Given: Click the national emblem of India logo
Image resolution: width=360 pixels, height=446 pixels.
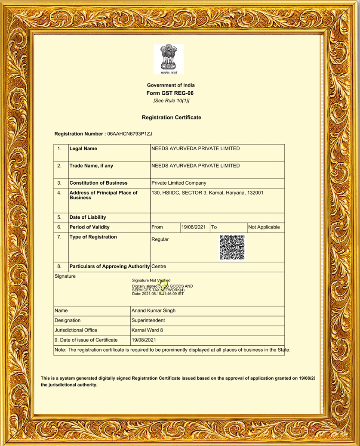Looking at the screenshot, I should coord(168,59).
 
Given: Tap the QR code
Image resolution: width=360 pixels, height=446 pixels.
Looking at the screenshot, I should coord(232,247).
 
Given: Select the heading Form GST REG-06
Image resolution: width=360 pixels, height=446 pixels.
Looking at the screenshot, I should coord(171,93).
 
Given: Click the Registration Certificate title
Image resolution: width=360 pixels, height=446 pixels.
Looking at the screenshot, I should coord(171,118).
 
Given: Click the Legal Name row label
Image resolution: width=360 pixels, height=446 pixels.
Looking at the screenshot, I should coord(83,149).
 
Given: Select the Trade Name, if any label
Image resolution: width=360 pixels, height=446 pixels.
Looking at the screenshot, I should coord(91,166).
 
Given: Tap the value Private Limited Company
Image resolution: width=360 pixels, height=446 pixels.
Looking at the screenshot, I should coord(178,183).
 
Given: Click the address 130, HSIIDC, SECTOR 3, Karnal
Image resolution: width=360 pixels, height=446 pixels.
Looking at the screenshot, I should coord(207,193).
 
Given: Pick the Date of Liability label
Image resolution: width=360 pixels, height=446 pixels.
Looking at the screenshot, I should coord(88,217).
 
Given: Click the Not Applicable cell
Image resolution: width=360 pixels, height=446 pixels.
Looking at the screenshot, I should coord(264,227).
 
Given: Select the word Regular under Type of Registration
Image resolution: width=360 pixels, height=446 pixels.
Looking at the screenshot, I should coord(160,239).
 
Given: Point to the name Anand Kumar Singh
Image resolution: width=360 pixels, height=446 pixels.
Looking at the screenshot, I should coord(153,310).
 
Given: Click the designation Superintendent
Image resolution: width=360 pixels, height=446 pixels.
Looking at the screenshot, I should coord(148,320).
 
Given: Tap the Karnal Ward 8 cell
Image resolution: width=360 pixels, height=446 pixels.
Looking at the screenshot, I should coord(147,330).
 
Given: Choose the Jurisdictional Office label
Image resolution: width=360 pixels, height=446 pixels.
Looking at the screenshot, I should coord(76,330).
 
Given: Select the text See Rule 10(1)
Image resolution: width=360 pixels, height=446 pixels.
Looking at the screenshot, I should coord(171,101).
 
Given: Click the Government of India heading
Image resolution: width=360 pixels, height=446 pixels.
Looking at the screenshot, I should coord(171,85).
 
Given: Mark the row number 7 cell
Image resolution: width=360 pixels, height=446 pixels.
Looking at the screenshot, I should coord(59,237).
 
